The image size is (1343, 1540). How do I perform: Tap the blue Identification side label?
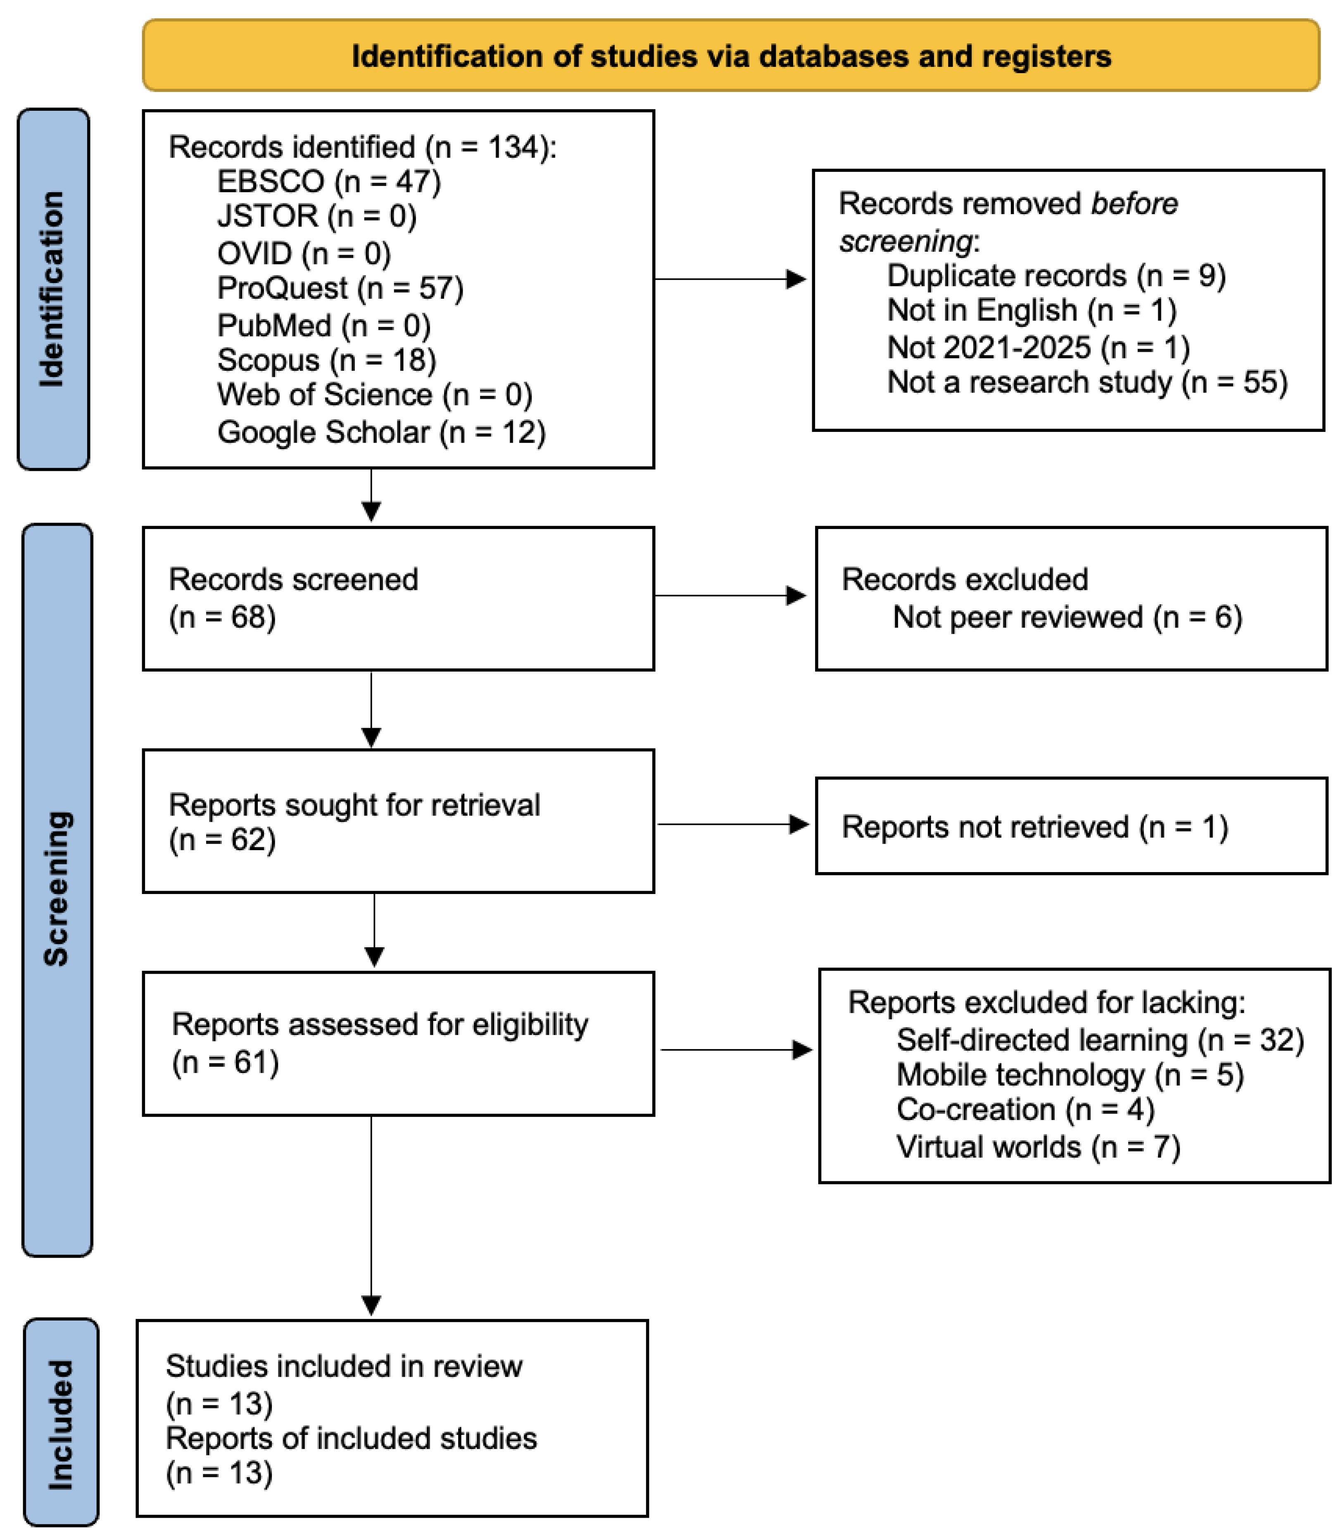click(53, 289)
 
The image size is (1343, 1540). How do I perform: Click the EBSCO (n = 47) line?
click(328, 181)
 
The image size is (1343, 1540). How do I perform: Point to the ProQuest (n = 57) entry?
click(340, 288)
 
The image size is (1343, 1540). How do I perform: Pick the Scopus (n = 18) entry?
click(326, 360)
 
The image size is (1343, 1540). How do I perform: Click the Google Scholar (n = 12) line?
click(381, 433)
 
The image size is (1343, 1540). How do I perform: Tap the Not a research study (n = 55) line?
click(1087, 382)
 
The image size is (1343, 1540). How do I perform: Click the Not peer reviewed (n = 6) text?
click(1067, 617)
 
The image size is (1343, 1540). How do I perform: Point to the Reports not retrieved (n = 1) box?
click(1070, 826)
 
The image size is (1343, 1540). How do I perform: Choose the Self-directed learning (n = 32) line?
click(1099, 1040)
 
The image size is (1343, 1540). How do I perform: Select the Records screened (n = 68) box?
click(398, 598)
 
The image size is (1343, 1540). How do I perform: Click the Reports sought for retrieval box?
click(398, 821)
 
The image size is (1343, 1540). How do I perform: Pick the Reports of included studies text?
click(351, 1438)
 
